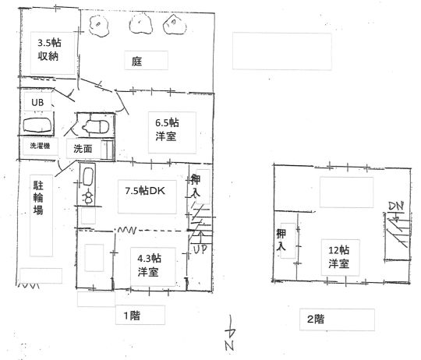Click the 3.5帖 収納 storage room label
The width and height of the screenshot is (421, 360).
49,49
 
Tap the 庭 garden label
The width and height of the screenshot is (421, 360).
136,62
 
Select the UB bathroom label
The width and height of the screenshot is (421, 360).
37,102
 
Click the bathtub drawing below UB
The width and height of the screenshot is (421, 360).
37,125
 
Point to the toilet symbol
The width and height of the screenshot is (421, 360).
96,126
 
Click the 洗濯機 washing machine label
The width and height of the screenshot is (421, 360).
40,146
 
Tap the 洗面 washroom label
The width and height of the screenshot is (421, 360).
83,149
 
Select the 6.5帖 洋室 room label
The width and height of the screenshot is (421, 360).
167,129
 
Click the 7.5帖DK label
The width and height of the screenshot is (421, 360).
145,191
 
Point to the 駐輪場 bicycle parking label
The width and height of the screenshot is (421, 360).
38,198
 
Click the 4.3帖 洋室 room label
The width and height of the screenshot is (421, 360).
149,265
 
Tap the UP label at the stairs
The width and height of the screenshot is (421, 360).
200,250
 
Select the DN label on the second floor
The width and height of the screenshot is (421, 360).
396,206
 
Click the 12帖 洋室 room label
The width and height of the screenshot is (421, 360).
339,256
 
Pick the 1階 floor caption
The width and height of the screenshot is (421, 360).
132,316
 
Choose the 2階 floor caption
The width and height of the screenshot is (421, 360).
316,319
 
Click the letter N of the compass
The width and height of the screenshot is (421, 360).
229,345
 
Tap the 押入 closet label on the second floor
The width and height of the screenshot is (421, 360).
281,240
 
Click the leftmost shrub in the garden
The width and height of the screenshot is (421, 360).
99,26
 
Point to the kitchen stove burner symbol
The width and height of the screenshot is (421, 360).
88,197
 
